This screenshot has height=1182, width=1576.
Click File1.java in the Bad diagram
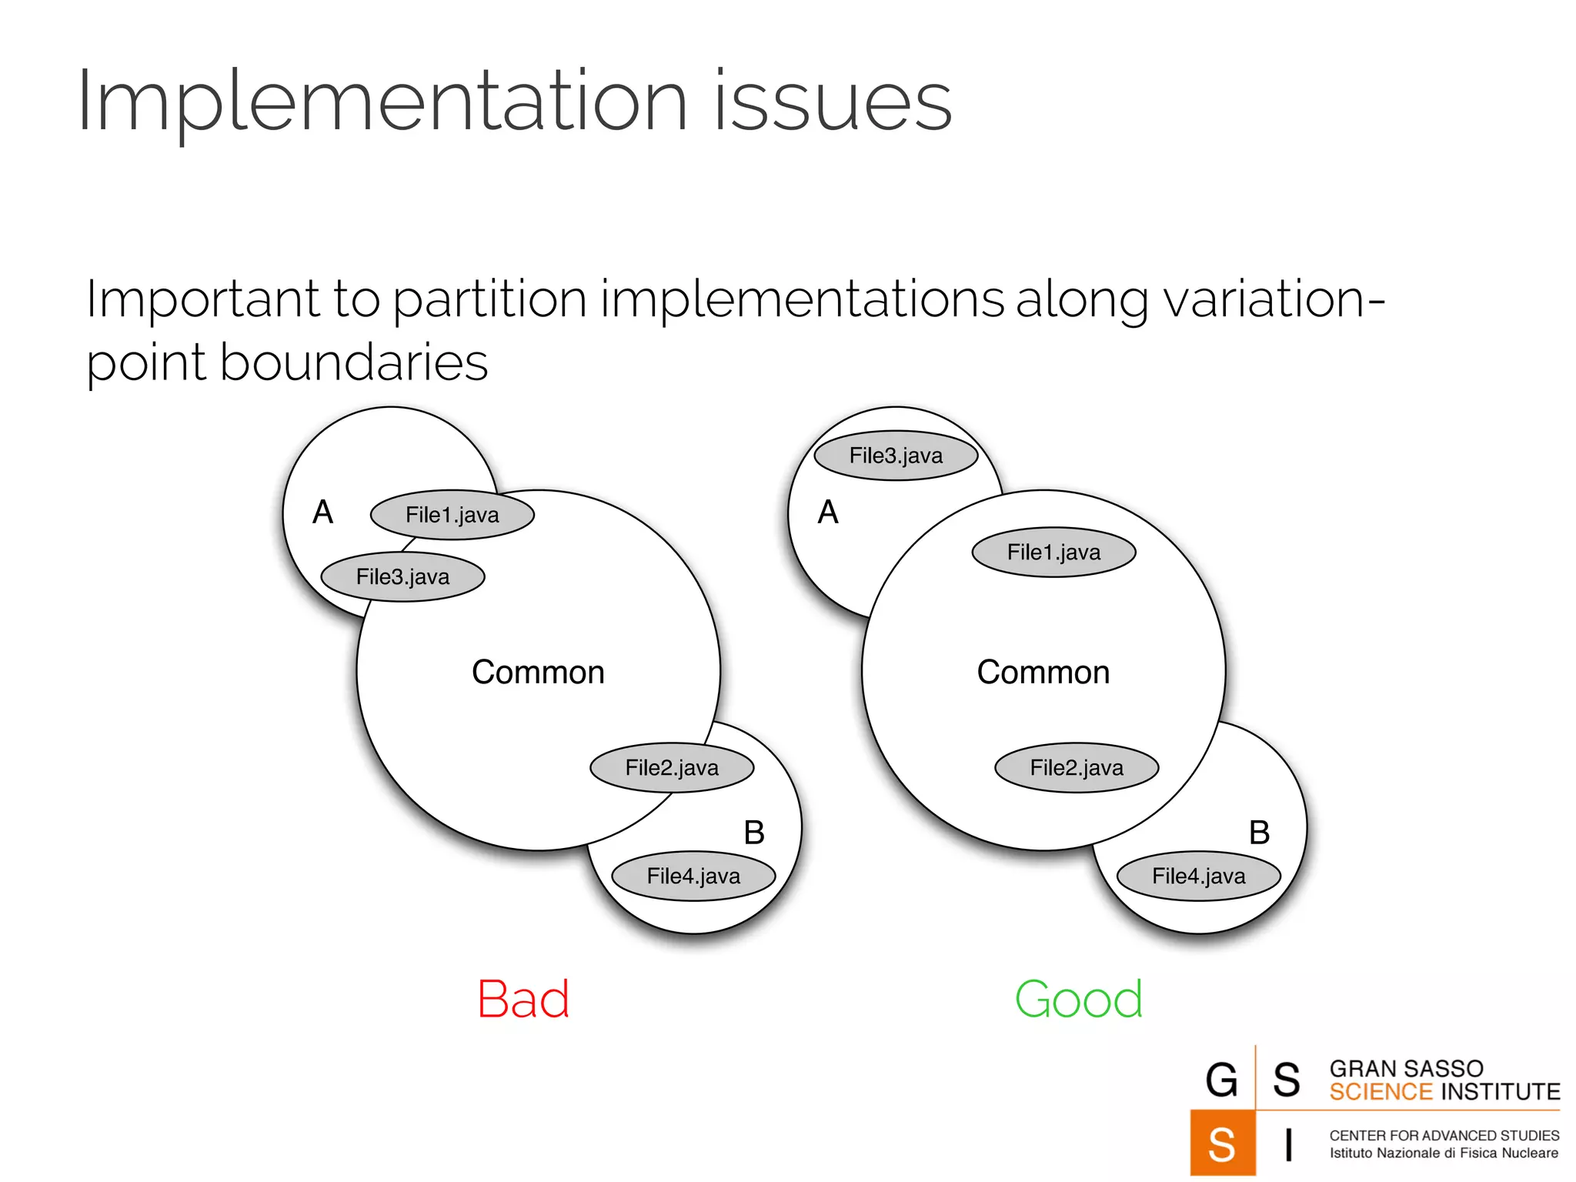pos(452,515)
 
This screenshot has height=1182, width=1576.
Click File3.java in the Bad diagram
pos(402,576)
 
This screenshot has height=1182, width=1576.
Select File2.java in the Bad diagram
pos(672,767)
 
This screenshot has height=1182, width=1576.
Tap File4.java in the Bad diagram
pos(693,876)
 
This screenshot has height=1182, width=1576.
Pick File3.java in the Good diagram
pos(896,456)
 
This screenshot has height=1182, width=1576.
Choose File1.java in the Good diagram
pos(1053,552)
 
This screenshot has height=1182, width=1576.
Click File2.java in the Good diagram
pos(1077,767)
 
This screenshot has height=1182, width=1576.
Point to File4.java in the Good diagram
pos(1198,876)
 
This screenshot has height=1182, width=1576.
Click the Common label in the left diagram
pos(538,673)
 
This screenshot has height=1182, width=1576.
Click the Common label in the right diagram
pos(1043,673)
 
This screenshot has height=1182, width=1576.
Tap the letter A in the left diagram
pos(323,513)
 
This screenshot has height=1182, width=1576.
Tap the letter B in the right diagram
pos(1259,833)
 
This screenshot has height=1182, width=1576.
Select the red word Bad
pos(523,1000)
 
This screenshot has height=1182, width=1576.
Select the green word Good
pos(1078,1000)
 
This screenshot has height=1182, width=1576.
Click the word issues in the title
pos(833,102)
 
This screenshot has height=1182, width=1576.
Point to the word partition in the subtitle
pos(489,299)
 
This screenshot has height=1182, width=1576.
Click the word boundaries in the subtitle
pos(354,362)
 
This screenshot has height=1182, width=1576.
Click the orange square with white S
pos(1222,1143)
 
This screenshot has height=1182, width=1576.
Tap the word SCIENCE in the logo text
pos(1381,1092)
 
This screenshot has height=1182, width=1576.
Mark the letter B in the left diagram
pos(754,833)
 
